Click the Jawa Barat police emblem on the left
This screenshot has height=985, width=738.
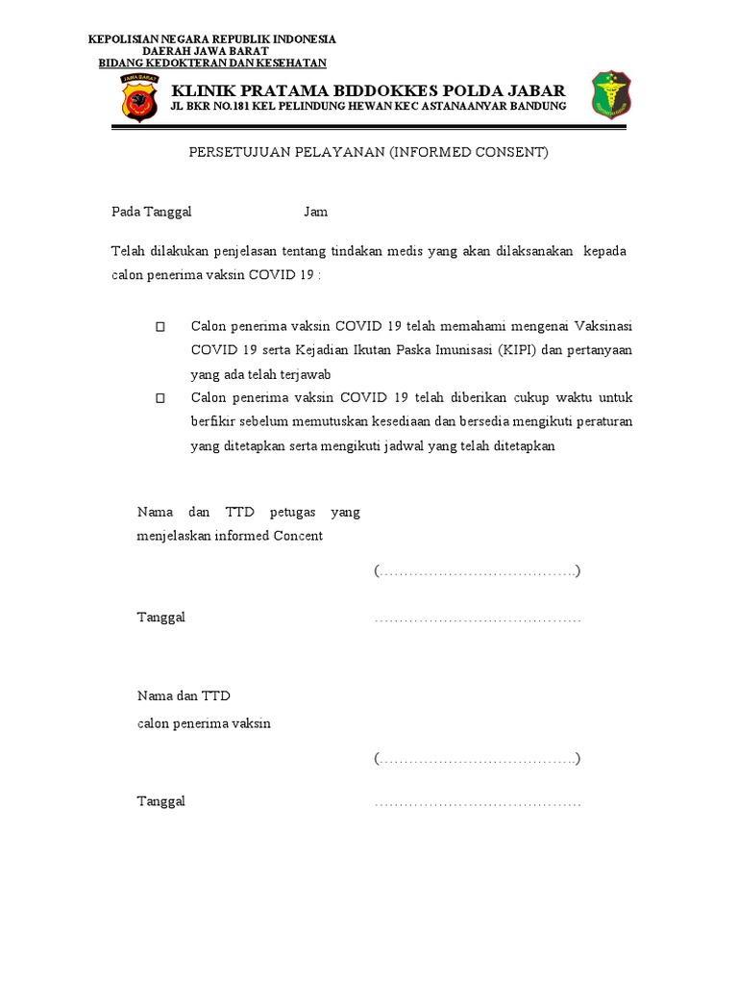click(139, 96)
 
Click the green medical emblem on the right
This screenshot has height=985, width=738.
click(610, 94)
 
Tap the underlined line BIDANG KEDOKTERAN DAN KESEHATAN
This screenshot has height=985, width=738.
click(213, 63)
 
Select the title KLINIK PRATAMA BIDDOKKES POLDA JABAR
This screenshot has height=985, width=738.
click(368, 89)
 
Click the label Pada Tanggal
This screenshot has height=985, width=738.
click(152, 212)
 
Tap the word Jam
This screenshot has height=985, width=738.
click(316, 212)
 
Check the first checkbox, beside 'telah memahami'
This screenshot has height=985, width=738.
click(160, 327)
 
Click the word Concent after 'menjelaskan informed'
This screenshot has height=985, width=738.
click(299, 536)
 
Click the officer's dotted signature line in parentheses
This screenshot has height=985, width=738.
click(478, 571)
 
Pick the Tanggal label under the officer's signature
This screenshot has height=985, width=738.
click(161, 618)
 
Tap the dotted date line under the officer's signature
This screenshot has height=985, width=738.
click(478, 619)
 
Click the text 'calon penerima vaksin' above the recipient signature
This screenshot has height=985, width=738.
click(204, 723)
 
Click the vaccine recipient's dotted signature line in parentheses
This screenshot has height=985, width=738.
click(478, 759)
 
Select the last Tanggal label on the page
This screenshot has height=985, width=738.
click(161, 801)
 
